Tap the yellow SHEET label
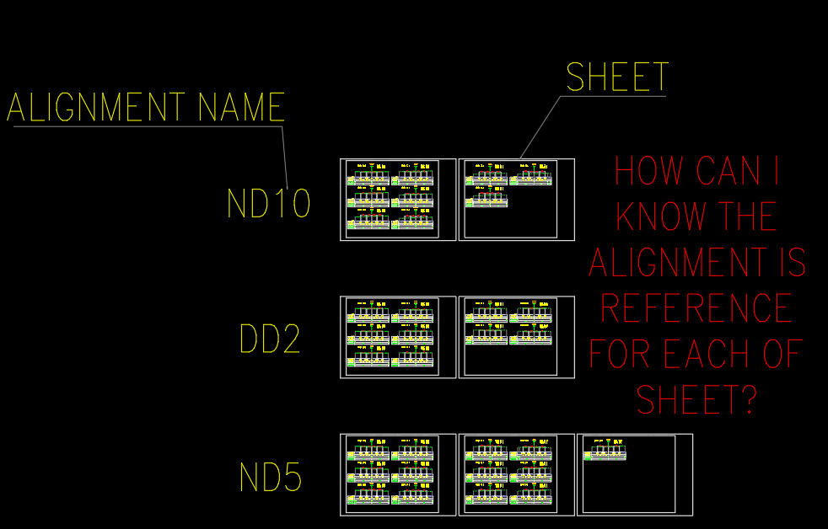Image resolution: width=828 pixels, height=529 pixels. [617, 77]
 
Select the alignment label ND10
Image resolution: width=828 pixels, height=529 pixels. [269, 204]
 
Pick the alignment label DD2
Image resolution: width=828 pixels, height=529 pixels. [270, 339]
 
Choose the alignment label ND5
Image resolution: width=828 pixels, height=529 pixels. [271, 477]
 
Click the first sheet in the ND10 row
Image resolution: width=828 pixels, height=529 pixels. [398, 200]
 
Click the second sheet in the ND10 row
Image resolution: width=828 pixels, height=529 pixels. [516, 200]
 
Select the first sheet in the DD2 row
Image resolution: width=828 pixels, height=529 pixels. [398, 337]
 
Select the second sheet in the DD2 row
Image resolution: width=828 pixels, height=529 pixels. [516, 337]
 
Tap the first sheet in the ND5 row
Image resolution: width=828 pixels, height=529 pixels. [398, 474]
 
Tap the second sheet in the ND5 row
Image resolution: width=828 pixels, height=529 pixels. [516, 474]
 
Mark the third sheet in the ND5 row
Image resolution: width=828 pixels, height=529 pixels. [634, 474]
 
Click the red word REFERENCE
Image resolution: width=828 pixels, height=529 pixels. [696, 308]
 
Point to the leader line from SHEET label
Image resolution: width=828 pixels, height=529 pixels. [540, 127]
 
